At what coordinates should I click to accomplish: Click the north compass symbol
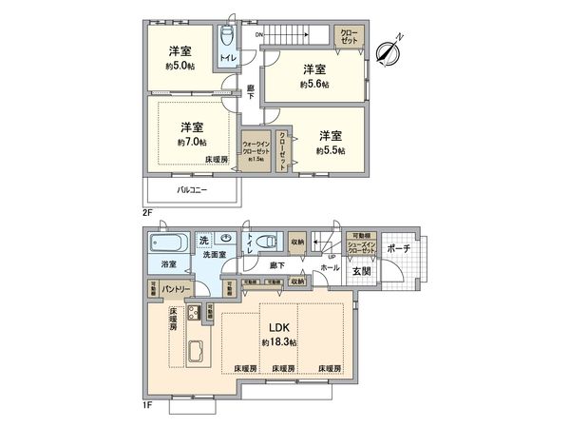(x=389, y=51)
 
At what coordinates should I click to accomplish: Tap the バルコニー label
(x=192, y=189)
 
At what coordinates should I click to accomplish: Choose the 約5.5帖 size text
(x=330, y=150)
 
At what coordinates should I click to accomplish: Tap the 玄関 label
(x=364, y=271)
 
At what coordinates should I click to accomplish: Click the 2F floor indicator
(x=147, y=213)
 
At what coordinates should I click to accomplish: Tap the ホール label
(x=330, y=269)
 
